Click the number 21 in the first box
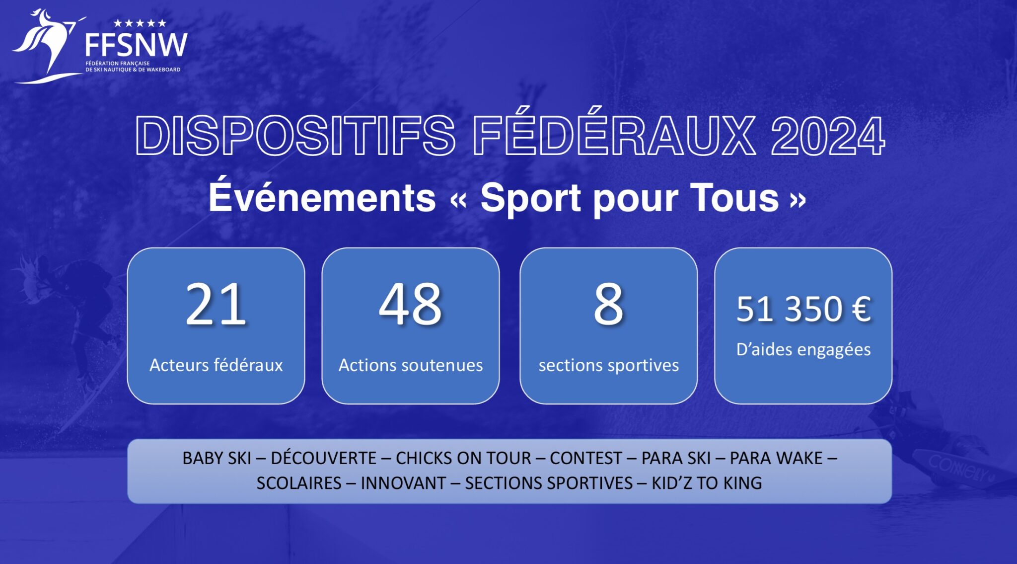tap(216, 304)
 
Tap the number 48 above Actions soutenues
tap(411, 304)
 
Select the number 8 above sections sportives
tap(608, 304)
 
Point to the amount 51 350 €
tap(803, 309)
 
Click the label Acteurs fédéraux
tap(216, 365)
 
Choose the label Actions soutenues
tap(411, 365)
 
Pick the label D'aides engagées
tap(803, 350)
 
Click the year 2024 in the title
tap(828, 136)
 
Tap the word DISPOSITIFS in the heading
tap(295, 136)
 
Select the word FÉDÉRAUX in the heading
tap(614, 131)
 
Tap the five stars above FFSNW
tap(140, 23)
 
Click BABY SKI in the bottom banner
tap(217, 458)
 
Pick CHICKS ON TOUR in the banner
tap(463, 458)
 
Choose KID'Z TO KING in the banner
tap(707, 483)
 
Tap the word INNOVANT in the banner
tap(403, 483)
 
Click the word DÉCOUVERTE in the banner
tap(323, 457)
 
